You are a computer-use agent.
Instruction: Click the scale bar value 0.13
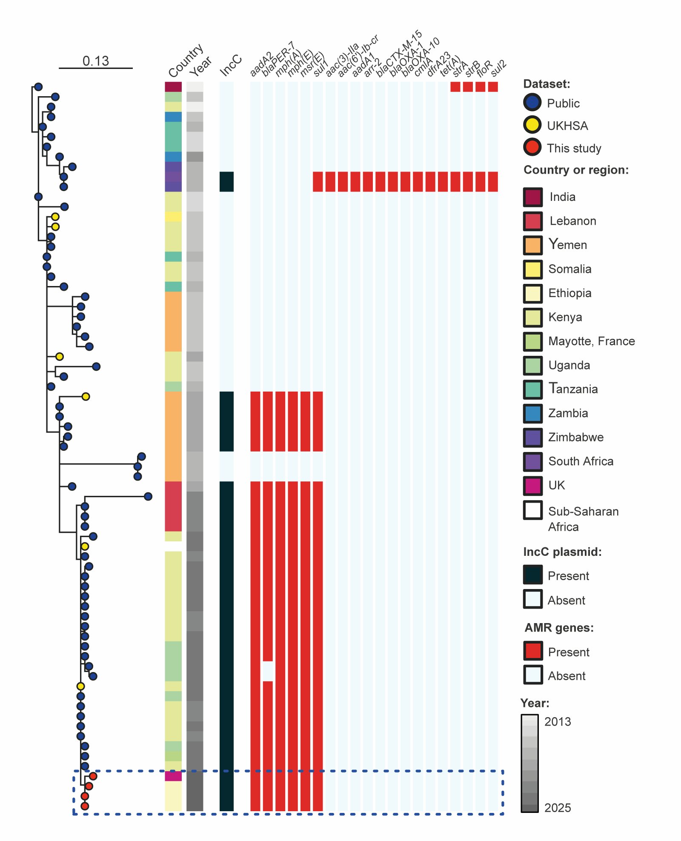point(95,61)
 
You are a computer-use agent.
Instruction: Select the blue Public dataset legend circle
point(532,103)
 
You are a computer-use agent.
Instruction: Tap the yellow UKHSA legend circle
point(532,125)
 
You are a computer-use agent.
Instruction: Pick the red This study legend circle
point(532,147)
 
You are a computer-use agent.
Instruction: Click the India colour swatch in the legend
point(533,197)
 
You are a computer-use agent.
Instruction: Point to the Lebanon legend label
point(572,221)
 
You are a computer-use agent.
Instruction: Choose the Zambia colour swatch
point(533,413)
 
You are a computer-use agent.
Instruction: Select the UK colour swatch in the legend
point(533,486)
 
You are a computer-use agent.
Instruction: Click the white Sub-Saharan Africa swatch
point(533,510)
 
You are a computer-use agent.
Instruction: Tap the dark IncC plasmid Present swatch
point(533,575)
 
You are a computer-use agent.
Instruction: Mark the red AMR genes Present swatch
point(533,651)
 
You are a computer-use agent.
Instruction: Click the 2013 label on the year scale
point(558,722)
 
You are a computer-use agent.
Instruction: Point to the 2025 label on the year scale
point(558,808)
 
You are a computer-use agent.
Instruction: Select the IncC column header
point(231,66)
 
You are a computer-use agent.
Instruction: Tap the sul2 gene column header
point(498,68)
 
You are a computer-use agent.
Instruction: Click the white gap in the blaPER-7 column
point(268,671)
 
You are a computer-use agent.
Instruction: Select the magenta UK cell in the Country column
point(173,776)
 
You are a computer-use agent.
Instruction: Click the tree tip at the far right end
point(148,496)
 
